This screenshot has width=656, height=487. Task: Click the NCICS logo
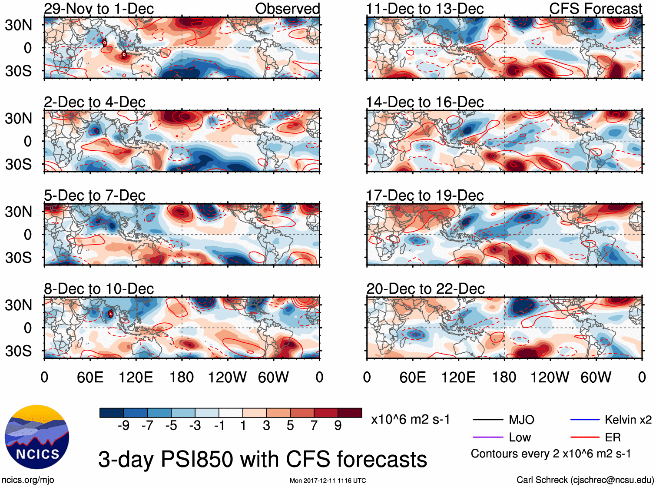point(37,437)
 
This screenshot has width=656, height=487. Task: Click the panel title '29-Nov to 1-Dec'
point(99,9)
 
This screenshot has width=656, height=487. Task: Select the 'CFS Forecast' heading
point(595,9)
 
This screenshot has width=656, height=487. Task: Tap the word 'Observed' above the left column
point(287,9)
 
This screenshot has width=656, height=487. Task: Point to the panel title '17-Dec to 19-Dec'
point(424,195)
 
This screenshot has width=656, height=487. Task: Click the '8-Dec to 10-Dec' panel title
point(99,289)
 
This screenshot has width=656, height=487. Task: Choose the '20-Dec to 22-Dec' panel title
point(425,289)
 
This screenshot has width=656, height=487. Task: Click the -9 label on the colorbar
point(123,426)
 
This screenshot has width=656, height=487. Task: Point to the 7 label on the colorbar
point(314,426)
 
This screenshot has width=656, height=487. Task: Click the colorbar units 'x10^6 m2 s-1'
point(410,420)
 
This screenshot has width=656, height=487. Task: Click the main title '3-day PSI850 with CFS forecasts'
point(262,459)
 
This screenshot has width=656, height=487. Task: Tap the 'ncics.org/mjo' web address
point(28,480)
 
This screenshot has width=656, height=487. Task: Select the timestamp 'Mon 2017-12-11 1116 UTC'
point(328,480)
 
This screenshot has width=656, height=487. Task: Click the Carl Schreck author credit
point(585,480)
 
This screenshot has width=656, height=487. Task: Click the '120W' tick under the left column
point(227,377)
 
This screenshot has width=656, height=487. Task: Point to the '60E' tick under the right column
point(412,377)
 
